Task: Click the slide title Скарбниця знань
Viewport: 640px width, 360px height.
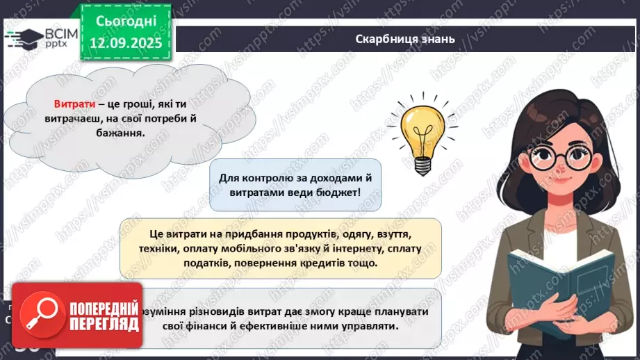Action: coord(404,39)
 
